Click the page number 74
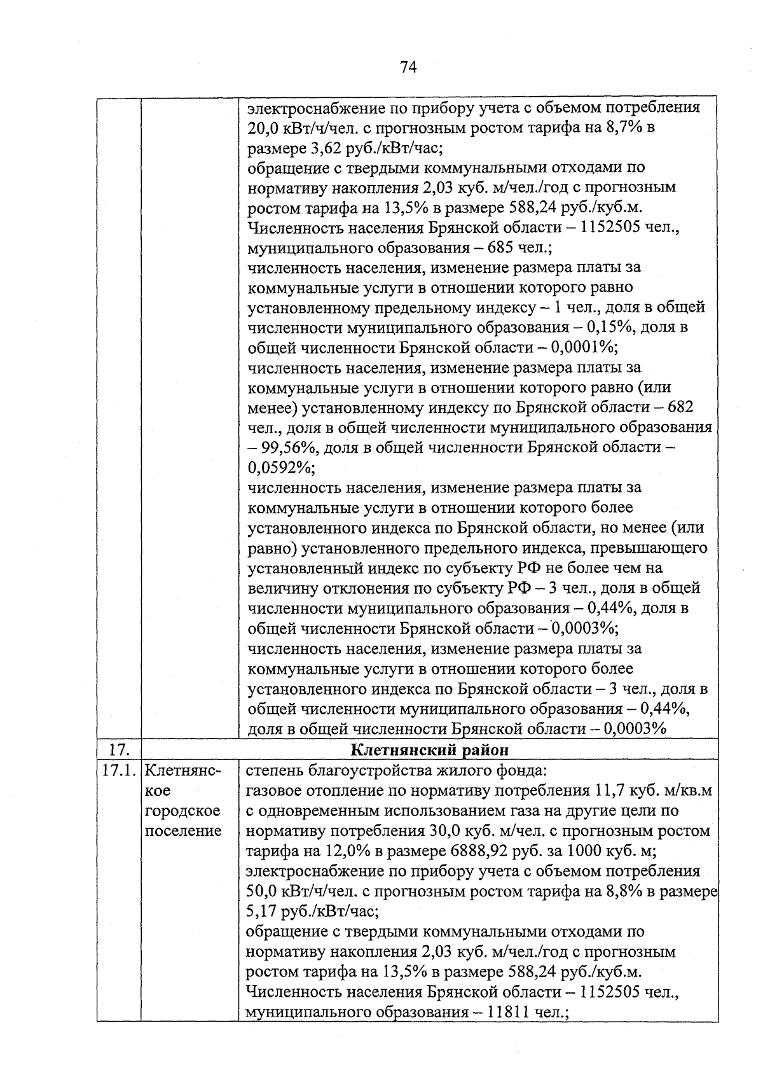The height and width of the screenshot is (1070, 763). (408, 67)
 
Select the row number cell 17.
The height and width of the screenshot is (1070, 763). (119, 749)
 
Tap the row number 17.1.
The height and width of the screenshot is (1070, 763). (119, 770)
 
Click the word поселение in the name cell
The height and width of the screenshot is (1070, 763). (183, 831)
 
